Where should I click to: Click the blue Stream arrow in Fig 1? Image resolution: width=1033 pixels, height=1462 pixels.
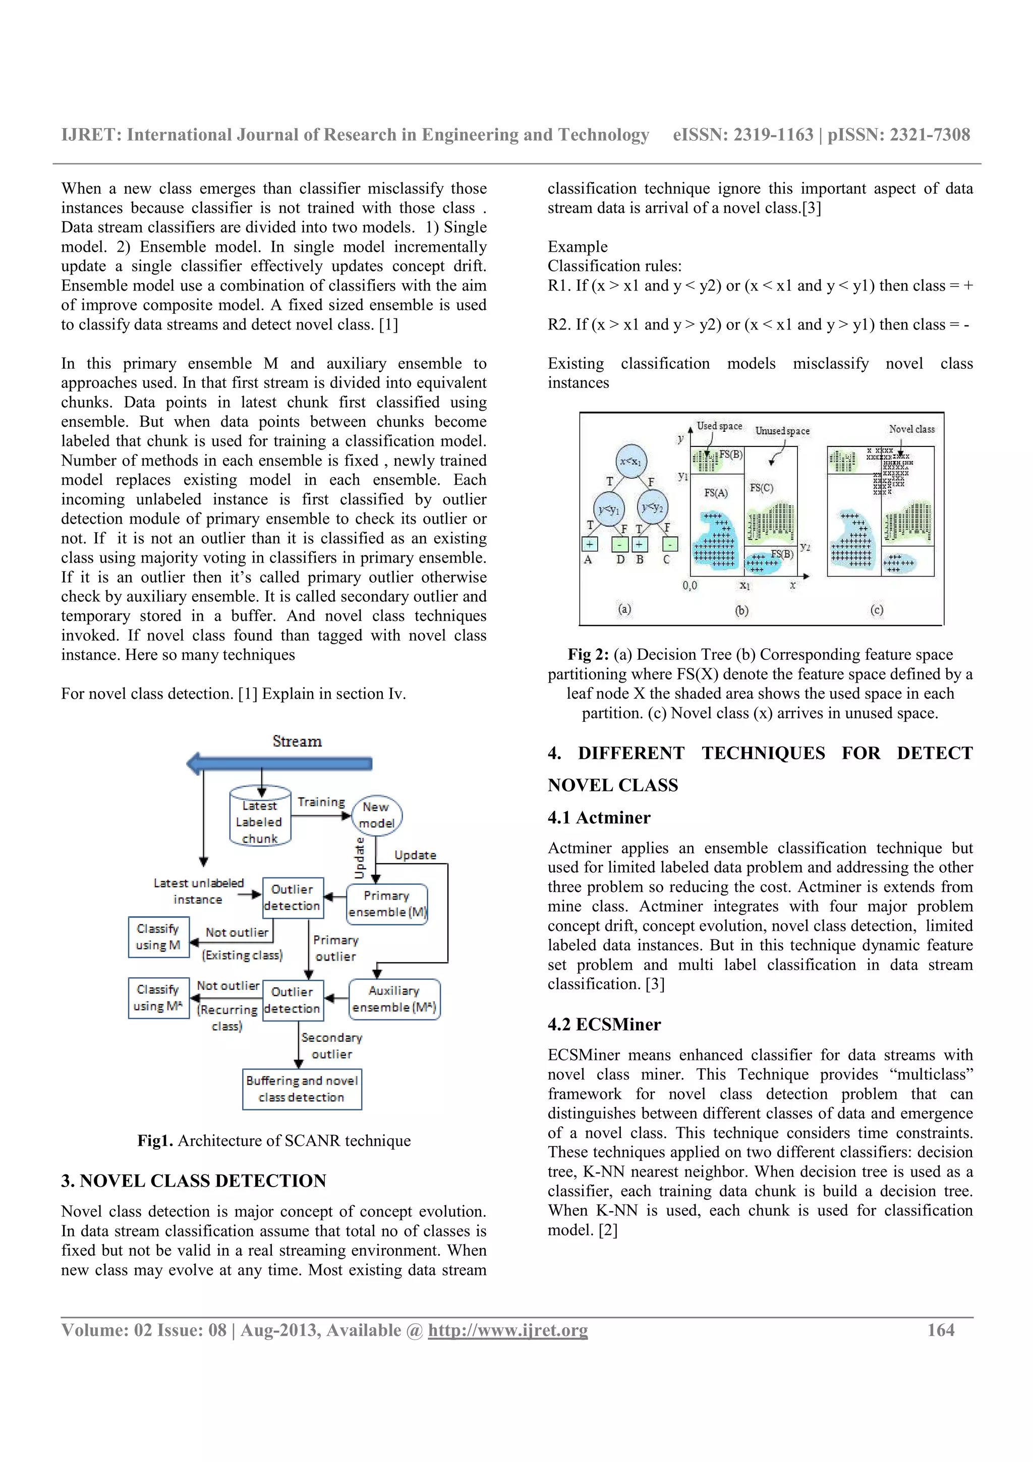(280, 763)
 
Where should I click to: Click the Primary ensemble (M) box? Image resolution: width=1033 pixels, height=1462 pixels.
(386, 904)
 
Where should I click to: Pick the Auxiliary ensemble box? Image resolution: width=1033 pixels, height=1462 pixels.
(394, 998)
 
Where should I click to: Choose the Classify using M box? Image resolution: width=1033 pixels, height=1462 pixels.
(158, 937)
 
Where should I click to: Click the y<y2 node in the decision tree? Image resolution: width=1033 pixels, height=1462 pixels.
(652, 508)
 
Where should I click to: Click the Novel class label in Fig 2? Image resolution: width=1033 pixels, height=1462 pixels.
(911, 429)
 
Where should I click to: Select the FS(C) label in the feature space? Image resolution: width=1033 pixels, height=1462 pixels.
(761, 488)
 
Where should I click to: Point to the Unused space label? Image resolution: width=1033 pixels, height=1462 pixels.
(782, 431)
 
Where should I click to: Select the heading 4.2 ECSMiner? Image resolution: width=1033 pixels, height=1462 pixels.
(604, 1024)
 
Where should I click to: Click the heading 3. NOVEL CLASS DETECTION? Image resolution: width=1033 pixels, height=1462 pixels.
(194, 1180)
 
